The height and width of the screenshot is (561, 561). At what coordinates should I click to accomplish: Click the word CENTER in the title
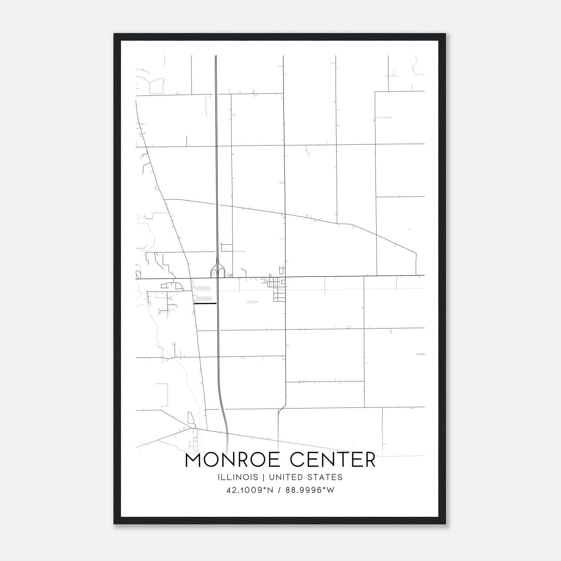coord(333,460)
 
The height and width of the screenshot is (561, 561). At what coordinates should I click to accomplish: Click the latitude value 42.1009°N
coord(250,490)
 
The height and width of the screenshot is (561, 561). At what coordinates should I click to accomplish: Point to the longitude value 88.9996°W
coord(310,490)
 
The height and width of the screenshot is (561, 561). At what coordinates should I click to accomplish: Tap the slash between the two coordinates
coord(279,490)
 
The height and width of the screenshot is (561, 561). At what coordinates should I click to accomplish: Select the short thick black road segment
coord(205,304)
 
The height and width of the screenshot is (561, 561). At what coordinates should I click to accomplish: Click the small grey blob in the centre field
coord(252,302)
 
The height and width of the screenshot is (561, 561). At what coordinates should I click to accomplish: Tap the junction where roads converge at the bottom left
coord(192,428)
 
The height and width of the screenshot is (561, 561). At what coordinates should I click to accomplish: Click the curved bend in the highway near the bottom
coord(223,407)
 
